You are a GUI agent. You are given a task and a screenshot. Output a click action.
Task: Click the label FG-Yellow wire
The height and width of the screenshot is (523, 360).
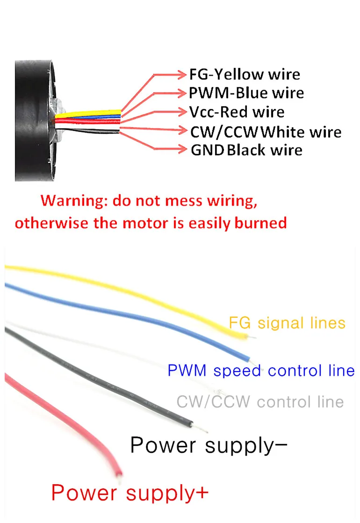click(245, 74)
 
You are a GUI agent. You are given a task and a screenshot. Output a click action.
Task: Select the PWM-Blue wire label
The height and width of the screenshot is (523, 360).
click(246, 93)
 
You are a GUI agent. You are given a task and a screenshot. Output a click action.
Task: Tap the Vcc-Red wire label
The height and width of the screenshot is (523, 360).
click(237, 112)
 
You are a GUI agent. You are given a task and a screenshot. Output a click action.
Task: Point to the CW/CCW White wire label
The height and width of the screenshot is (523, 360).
click(266, 132)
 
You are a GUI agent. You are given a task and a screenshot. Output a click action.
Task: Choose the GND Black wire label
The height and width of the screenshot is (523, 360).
click(246, 150)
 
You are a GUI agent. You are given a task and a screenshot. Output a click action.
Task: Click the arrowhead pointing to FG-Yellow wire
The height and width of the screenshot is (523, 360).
click(182, 74)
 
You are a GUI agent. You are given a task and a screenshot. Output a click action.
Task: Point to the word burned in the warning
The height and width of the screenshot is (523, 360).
click(260, 223)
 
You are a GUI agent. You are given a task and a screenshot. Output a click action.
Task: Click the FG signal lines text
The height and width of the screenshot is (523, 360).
click(287, 323)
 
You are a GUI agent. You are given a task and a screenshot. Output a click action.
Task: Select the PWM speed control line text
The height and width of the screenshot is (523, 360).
click(261, 371)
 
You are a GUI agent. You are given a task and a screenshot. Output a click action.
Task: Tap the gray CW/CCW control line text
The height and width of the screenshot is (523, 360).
click(260, 401)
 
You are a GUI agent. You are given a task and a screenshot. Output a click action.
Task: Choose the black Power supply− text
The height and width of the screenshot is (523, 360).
click(209, 445)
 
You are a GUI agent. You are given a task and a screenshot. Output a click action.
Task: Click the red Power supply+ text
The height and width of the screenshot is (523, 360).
click(130, 493)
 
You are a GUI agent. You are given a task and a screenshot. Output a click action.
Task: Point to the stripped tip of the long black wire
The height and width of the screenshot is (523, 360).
click(200, 428)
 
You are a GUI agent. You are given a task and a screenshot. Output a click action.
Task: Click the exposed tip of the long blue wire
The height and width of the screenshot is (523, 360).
click(253, 363)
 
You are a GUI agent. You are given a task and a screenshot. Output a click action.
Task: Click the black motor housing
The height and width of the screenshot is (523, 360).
click(33, 121)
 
